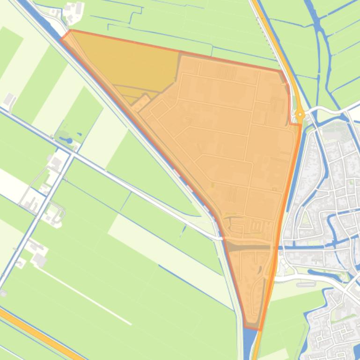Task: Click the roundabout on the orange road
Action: [x=300, y=114]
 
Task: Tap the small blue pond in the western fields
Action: [x=69, y=140]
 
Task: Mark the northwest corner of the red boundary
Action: [x=70, y=31]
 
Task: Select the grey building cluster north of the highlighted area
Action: [x=73, y=12]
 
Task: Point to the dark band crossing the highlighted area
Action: [x=248, y=247]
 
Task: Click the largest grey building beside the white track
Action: [x=39, y=260]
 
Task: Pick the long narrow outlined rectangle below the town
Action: [x=306, y=283]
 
